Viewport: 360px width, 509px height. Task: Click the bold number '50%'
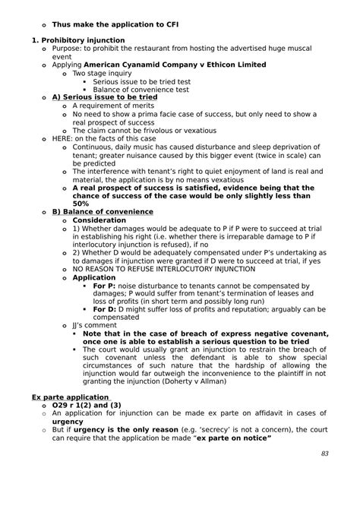click(x=82, y=204)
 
